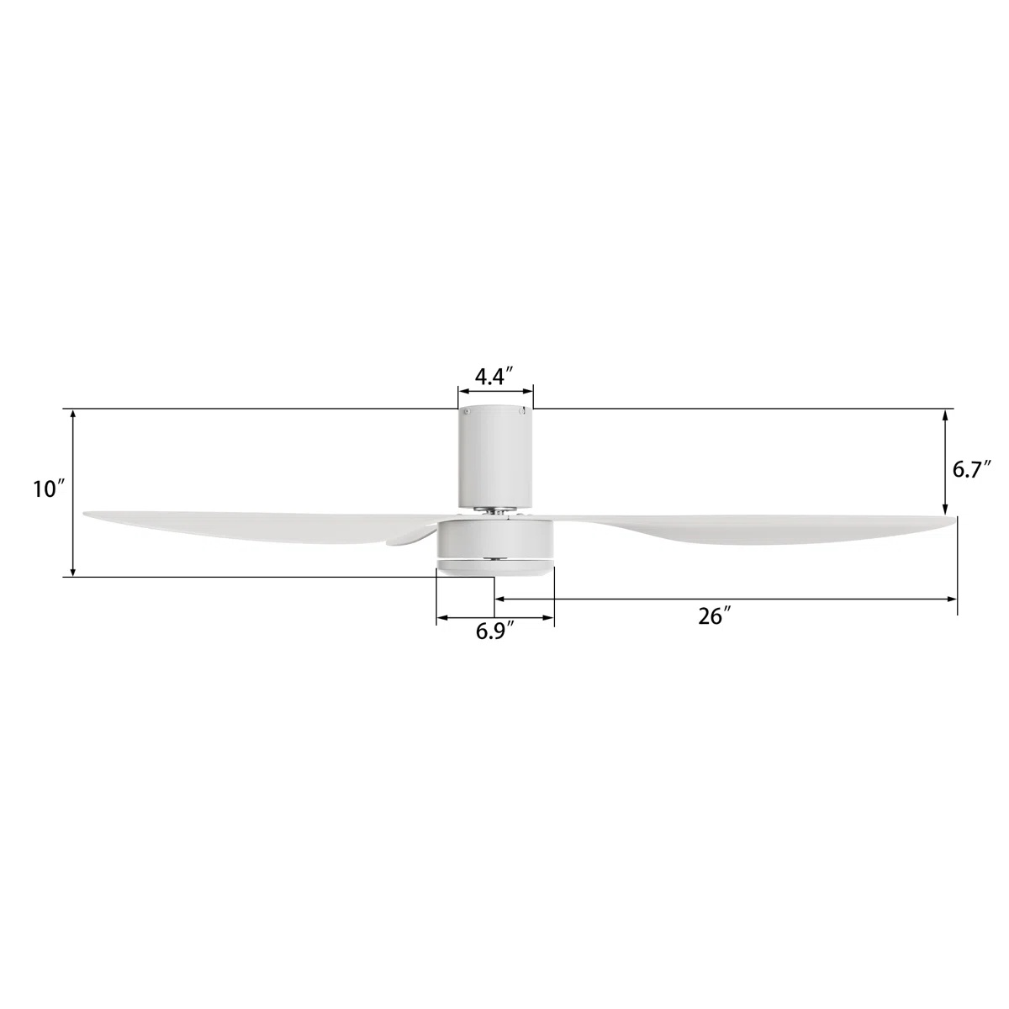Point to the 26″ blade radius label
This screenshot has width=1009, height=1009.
[711, 616]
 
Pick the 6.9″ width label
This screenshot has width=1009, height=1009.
[494, 631]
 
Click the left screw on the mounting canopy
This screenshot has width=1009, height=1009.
[465, 412]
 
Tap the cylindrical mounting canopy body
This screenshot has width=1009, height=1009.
[495, 458]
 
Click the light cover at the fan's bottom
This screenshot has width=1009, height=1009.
[495, 568]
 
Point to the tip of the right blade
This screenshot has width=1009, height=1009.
[955, 520]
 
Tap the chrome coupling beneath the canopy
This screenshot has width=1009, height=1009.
[495, 510]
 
